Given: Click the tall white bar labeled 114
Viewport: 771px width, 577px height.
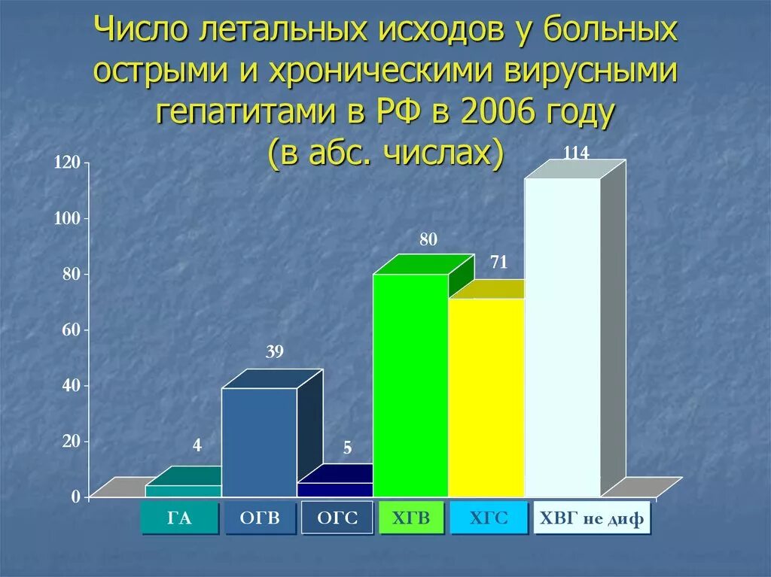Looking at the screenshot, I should pos(562,337).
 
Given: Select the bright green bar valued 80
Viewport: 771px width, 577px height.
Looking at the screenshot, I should pos(410,385).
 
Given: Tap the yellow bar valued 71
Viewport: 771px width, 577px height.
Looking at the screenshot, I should pos(486,397).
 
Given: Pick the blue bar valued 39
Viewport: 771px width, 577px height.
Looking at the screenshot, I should pos(259,442).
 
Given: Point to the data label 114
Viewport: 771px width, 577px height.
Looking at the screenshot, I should pos(576,153).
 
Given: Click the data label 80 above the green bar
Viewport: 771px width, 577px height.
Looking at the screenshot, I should pos(428,240).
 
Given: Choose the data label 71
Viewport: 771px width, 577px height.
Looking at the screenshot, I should pos(498,263).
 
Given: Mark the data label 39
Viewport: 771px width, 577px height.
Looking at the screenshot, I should pos(274,352).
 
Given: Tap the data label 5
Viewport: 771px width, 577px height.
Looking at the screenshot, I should pos(347,448).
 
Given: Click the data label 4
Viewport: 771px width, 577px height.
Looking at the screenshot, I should pos(197,445).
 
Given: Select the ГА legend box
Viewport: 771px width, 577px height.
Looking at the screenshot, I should pos(180,518).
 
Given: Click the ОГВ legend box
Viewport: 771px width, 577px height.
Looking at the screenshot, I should pos(260,518).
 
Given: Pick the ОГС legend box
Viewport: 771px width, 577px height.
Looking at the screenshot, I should pos(337,518).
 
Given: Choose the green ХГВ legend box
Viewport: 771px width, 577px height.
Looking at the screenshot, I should pos(412,518).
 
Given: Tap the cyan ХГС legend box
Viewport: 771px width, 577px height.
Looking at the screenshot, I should pos(489,518).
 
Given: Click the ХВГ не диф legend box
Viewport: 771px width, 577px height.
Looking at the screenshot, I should pos(592,518).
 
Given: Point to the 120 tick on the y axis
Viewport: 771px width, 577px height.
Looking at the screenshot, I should pos(66,162).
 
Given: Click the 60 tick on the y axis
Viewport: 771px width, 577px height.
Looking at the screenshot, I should pos(70,329).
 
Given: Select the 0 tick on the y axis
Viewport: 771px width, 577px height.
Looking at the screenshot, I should pos(76,497).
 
